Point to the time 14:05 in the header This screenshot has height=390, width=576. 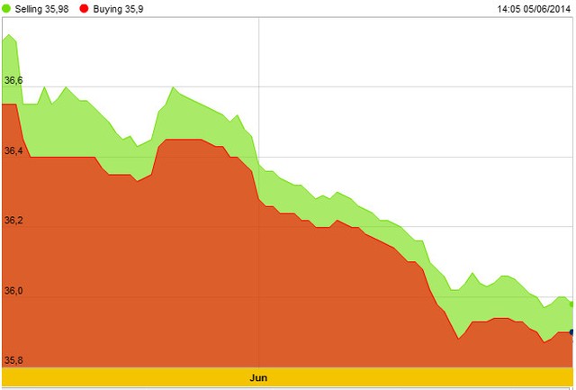(x=509, y=9)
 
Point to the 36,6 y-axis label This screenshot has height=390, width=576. (x=13, y=81)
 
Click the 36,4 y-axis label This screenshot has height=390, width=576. (x=13, y=150)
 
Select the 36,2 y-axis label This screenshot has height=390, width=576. (x=13, y=221)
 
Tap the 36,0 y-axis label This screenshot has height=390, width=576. (x=13, y=291)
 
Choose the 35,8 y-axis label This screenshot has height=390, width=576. (x=13, y=360)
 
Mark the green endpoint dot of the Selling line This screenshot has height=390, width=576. (x=572, y=304)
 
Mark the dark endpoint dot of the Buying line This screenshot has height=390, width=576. (x=572, y=332)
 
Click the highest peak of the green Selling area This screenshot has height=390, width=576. (x=10, y=35)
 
